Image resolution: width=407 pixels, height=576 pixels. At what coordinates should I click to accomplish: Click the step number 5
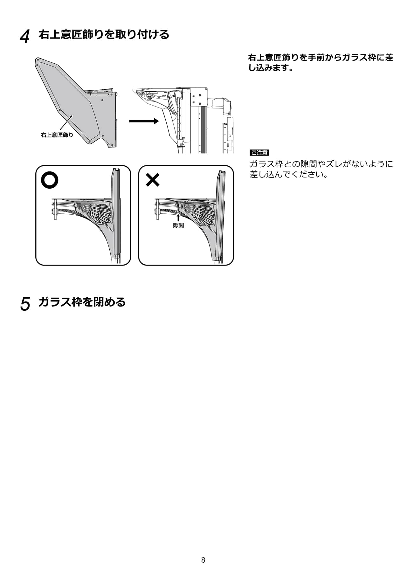pyautogui.click(x=25, y=304)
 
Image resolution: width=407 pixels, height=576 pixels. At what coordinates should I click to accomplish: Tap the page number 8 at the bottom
pyautogui.click(x=203, y=560)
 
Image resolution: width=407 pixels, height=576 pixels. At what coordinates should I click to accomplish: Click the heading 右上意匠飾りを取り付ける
pyautogui.click(x=104, y=34)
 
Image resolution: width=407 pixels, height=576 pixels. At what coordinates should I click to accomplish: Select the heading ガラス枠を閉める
pyautogui.click(x=82, y=302)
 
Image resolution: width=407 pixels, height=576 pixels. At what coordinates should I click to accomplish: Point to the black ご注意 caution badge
pyautogui.click(x=259, y=153)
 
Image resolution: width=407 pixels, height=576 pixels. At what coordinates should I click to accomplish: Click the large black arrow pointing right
pyautogui.click(x=144, y=121)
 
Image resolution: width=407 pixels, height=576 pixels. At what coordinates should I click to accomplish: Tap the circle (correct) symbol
pyautogui.click(x=50, y=180)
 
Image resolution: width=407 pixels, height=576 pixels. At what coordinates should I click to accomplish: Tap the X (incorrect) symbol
pyautogui.click(x=153, y=180)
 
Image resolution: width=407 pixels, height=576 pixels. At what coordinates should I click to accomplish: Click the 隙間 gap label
pyautogui.click(x=178, y=226)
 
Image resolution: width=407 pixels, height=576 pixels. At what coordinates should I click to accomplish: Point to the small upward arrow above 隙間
pyautogui.click(x=178, y=218)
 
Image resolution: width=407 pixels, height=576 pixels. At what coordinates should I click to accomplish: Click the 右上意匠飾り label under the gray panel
pyautogui.click(x=57, y=135)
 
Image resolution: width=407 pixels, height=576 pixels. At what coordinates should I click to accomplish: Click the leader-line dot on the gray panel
pyautogui.click(x=72, y=116)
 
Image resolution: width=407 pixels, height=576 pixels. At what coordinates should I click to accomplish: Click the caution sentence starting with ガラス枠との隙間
pyautogui.click(x=321, y=169)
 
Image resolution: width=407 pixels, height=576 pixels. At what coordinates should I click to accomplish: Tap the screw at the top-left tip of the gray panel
pyautogui.click(x=38, y=59)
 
